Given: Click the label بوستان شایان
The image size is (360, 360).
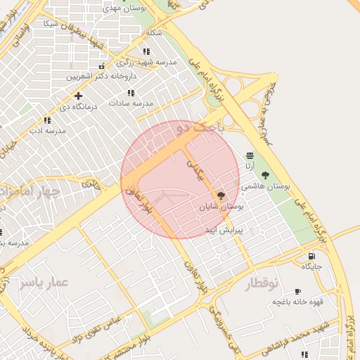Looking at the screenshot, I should [x=221, y=207].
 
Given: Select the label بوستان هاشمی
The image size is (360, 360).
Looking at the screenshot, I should [x=266, y=186].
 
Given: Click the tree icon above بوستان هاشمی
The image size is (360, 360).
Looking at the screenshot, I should [x=265, y=176].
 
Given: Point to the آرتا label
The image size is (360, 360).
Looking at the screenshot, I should [x=250, y=166].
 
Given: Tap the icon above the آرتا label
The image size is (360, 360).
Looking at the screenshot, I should [x=250, y=156].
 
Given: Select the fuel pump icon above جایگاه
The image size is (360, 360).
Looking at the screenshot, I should [x=311, y=257].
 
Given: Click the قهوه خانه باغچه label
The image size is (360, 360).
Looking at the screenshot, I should [x=297, y=302].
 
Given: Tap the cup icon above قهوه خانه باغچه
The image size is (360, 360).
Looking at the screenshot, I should [x=297, y=291].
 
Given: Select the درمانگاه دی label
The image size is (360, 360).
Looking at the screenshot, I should [x=78, y=106].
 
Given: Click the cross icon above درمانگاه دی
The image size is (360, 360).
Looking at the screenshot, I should [x=78, y=96].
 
